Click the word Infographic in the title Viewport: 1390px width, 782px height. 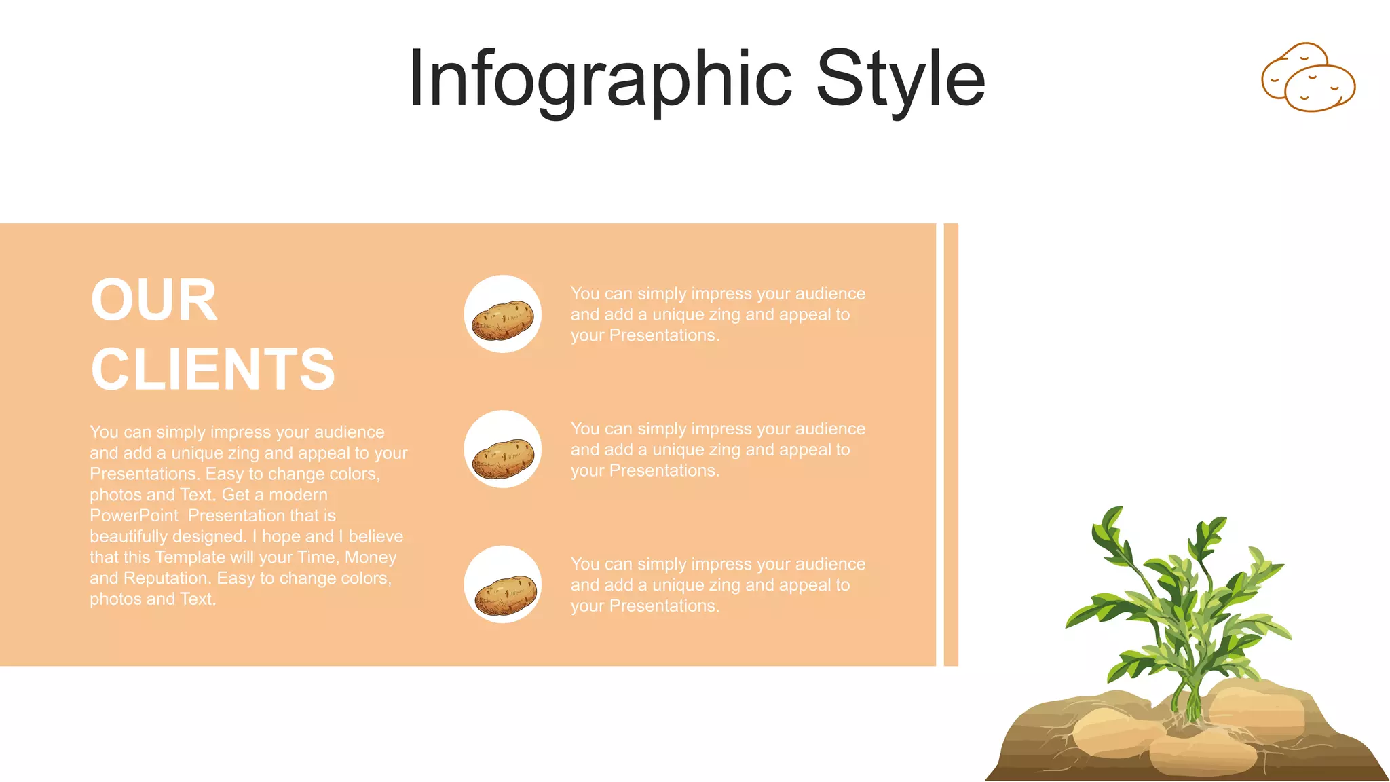600,80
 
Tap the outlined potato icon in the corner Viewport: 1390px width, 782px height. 1308,77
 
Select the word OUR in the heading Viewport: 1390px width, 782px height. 154,300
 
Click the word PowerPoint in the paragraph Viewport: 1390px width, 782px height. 134,516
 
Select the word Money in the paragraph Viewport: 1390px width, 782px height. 371,557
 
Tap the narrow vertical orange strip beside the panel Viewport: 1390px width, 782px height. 951,445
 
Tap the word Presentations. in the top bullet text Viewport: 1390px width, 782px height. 664,335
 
